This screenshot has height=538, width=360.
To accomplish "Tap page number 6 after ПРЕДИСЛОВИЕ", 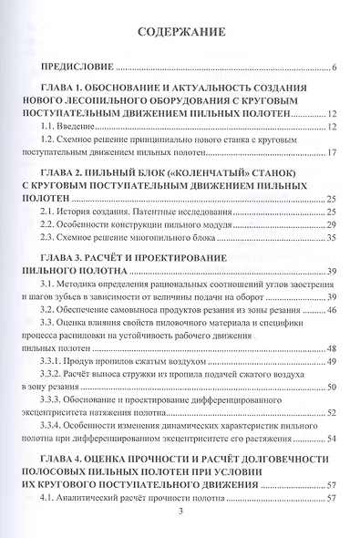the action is (x=335, y=68).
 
